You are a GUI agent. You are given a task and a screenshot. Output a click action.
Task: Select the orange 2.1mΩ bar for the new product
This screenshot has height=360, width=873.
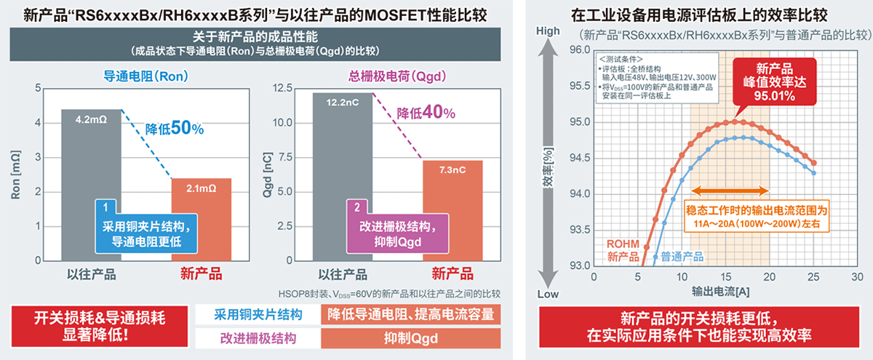201,218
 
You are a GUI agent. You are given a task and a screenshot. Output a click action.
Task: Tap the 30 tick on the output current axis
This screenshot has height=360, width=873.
858,277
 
